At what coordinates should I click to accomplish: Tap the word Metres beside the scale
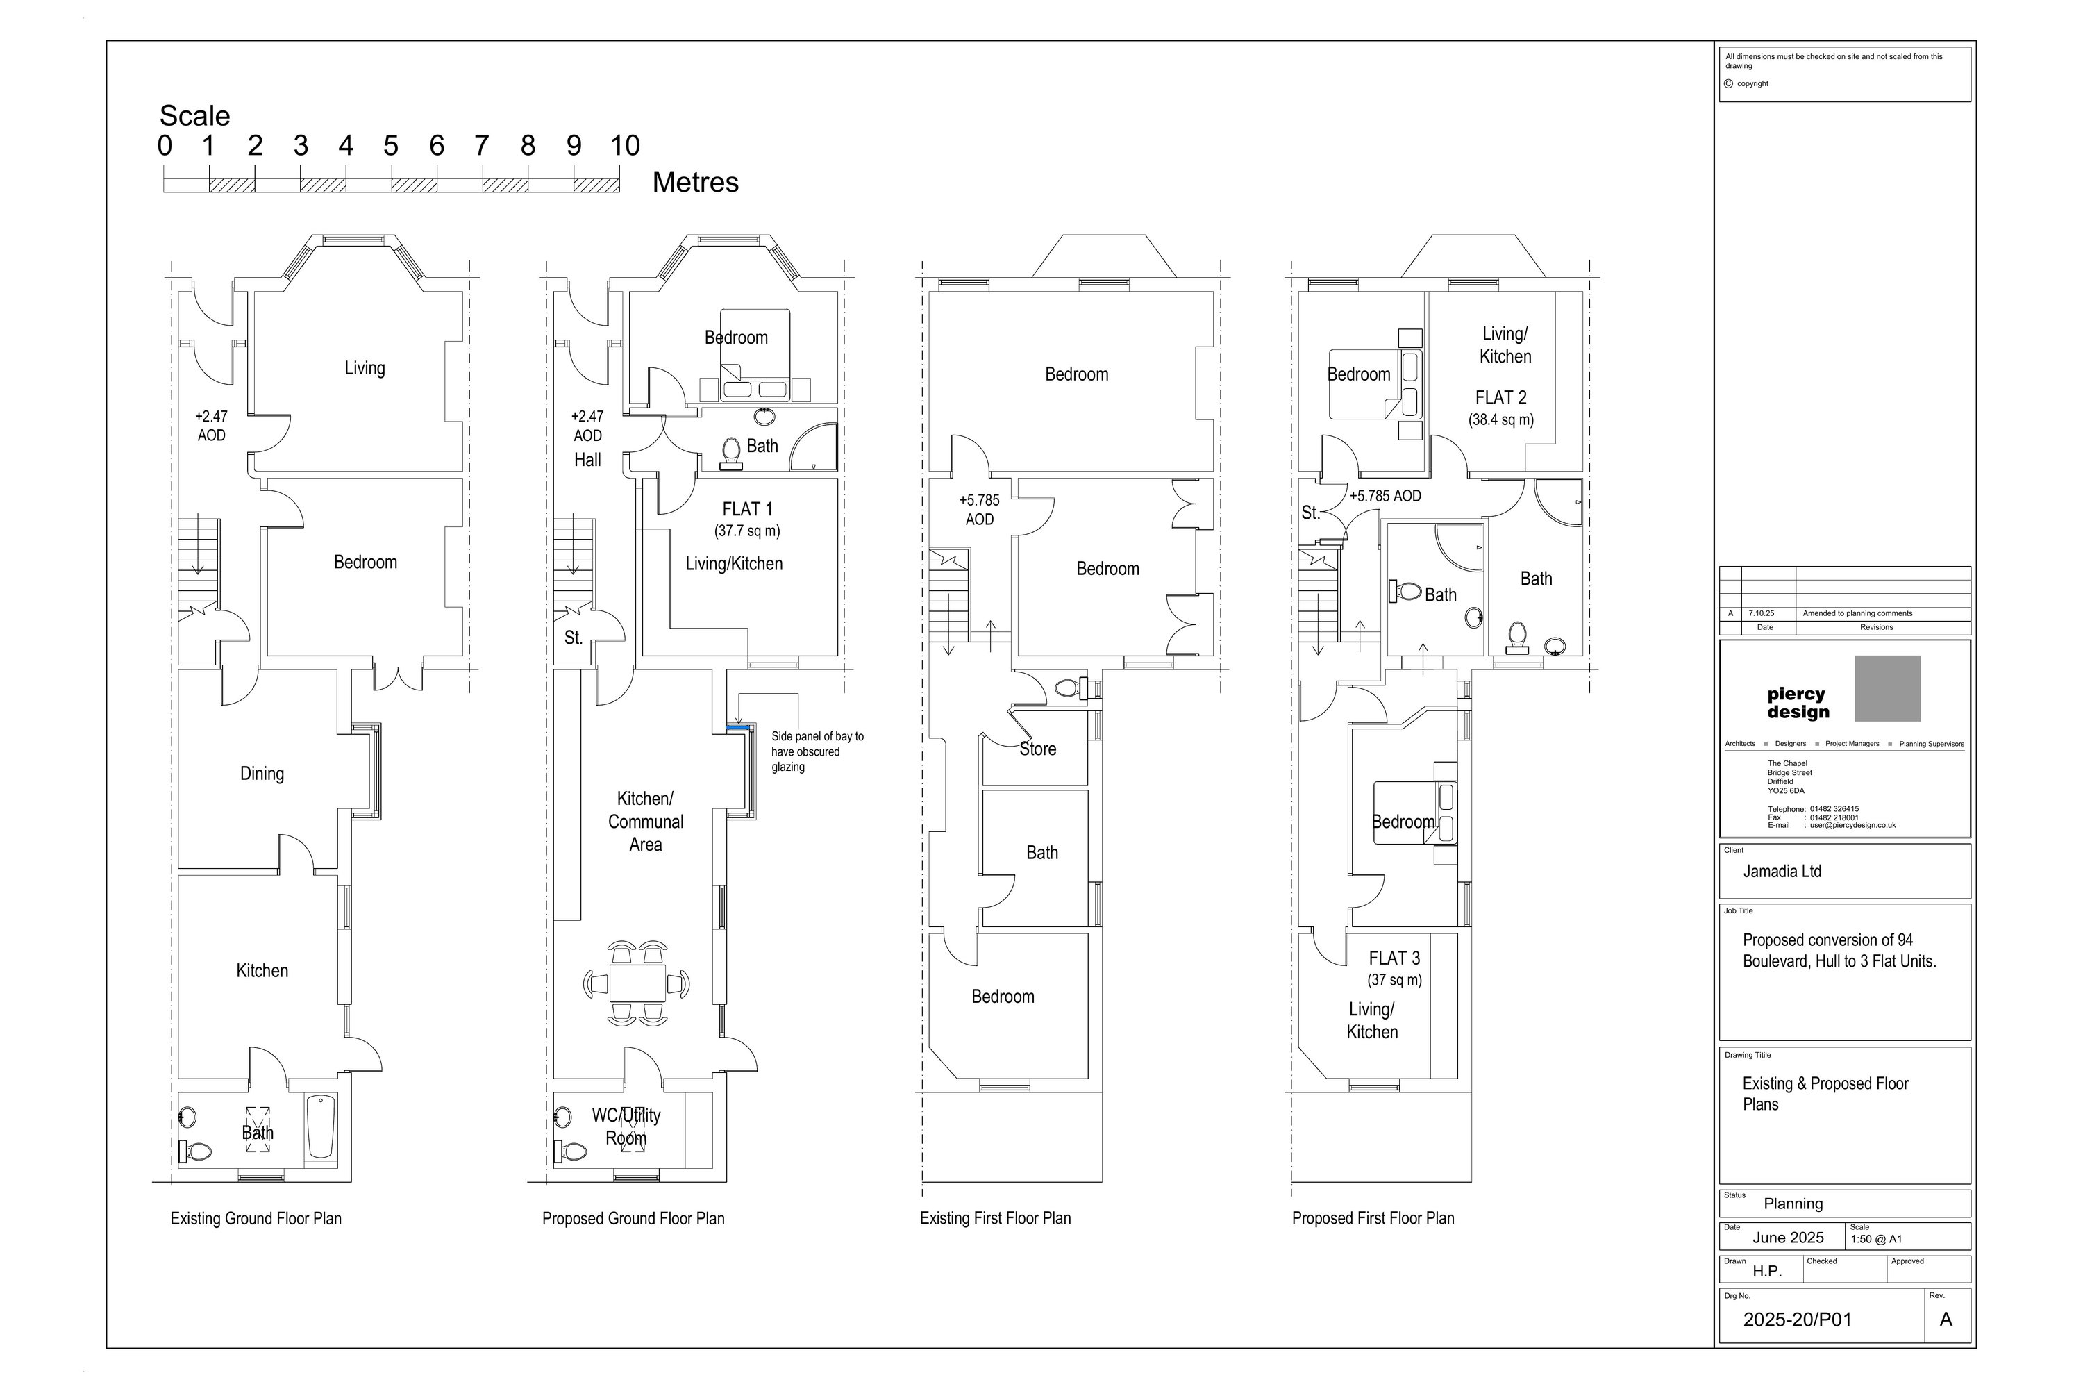pyautogui.click(x=695, y=183)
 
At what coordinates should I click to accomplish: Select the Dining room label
pyautogui.click(x=262, y=774)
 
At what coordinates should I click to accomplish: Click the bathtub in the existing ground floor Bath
pyautogui.click(x=321, y=1126)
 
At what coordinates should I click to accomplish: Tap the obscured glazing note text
pyautogui.click(x=817, y=751)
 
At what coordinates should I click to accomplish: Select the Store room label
pyautogui.click(x=1038, y=749)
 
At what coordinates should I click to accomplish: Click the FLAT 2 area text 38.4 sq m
pyautogui.click(x=1501, y=420)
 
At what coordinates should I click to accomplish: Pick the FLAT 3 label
pyautogui.click(x=1395, y=958)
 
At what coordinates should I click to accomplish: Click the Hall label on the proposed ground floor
pyautogui.click(x=587, y=460)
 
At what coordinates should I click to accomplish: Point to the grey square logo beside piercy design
pyautogui.click(x=1888, y=688)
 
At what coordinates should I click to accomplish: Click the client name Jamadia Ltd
pyautogui.click(x=1782, y=872)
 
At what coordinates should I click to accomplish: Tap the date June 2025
pyautogui.click(x=1788, y=1238)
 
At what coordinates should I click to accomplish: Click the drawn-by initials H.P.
pyautogui.click(x=1767, y=1271)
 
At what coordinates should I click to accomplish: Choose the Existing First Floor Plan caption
pyautogui.click(x=996, y=1219)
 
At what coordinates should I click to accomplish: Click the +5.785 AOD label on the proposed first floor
pyautogui.click(x=1385, y=496)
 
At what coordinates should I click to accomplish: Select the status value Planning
pyautogui.click(x=1793, y=1204)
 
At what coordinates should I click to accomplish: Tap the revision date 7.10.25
pyautogui.click(x=1762, y=613)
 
